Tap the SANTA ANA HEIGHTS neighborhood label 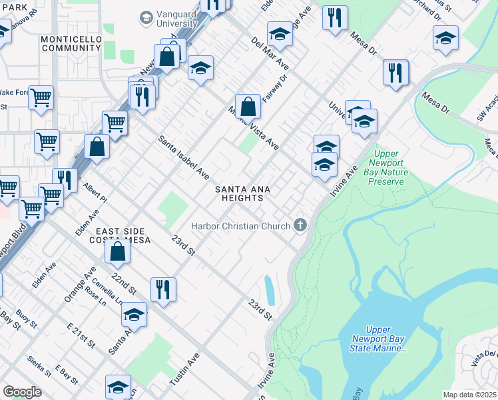[242, 193]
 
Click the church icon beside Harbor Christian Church [300, 225]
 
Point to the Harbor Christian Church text [240, 225]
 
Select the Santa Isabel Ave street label [184, 158]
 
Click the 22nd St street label [124, 284]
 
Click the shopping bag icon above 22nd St [117, 251]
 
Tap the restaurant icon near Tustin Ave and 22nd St [163, 289]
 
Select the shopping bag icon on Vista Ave [248, 107]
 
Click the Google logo [22, 392]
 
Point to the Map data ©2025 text [469, 395]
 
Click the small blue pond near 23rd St [270, 290]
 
